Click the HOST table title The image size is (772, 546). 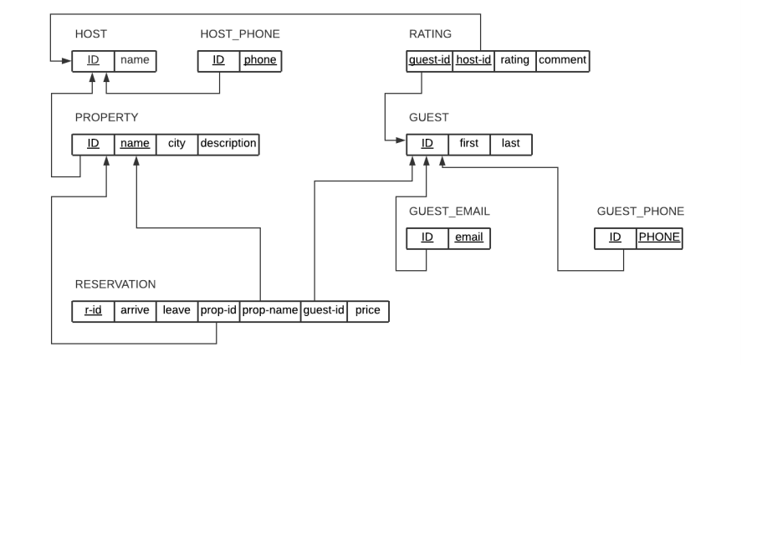(90, 34)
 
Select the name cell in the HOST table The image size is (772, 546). (135, 61)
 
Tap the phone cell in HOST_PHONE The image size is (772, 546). (260, 61)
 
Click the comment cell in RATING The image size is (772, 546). (562, 61)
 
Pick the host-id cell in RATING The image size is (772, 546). (473, 61)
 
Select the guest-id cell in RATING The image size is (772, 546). (430, 61)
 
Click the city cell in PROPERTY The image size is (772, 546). (176, 144)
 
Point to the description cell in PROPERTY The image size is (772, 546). (228, 144)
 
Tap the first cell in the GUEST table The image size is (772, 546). (468, 144)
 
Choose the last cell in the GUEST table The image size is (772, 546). (510, 144)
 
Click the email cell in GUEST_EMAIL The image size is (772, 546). (468, 238)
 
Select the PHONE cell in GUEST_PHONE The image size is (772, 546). (659, 238)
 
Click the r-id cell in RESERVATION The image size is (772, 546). (93, 311)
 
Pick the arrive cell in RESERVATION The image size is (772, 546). (135, 311)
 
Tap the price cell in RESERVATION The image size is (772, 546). (367, 311)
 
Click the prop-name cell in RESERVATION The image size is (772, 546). (269, 311)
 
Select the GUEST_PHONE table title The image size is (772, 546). (640, 212)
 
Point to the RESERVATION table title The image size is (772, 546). (115, 284)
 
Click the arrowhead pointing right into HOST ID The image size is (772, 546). (67, 61)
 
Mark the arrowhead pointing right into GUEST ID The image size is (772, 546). (401, 140)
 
